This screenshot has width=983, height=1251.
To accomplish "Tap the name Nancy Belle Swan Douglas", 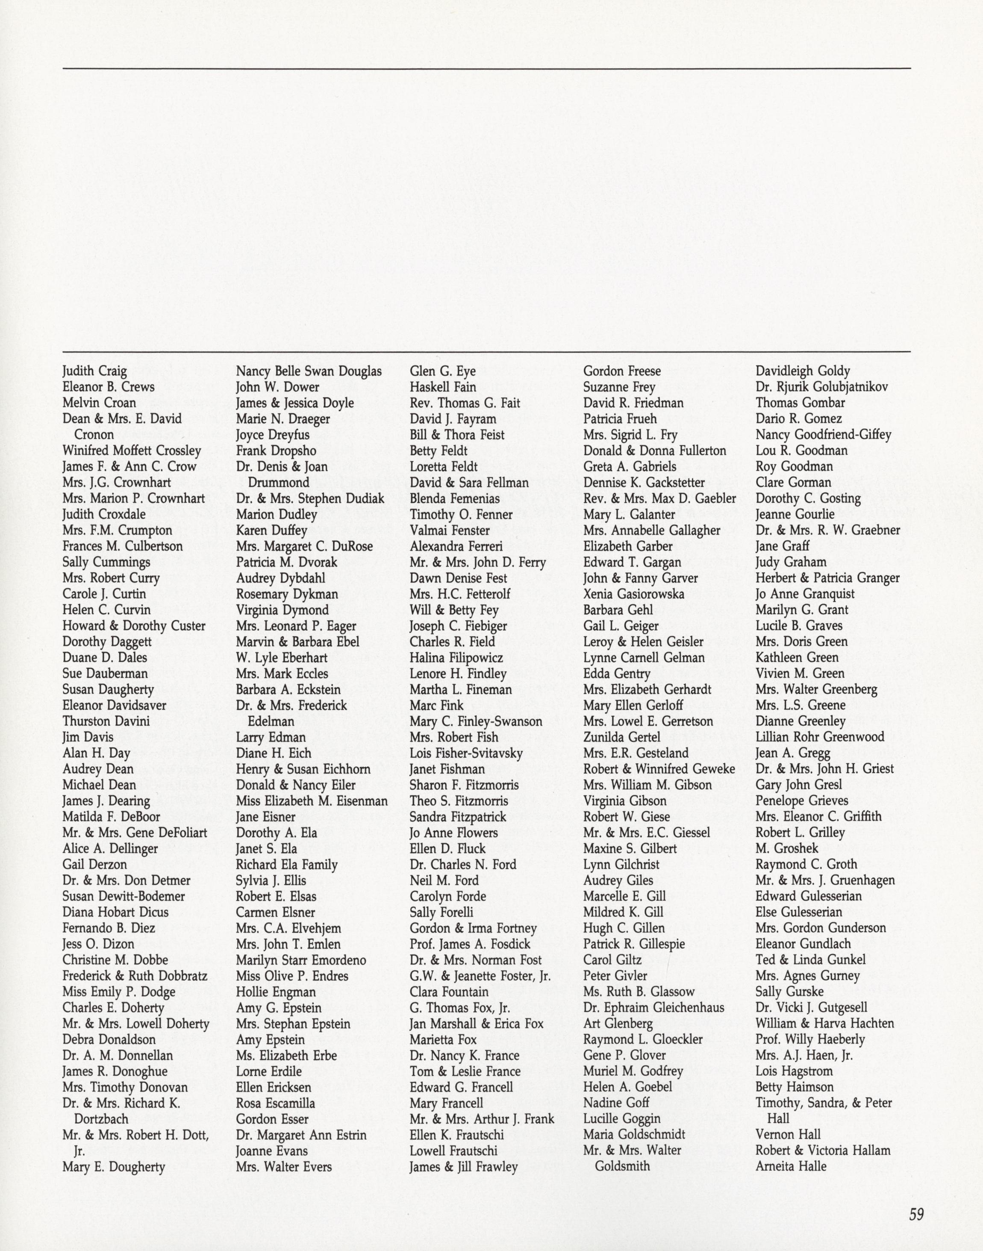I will pyautogui.click(x=309, y=371).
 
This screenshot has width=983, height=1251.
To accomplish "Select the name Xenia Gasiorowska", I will pyautogui.click(x=634, y=594).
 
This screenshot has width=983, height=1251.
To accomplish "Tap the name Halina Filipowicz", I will pyautogui.click(x=456, y=658).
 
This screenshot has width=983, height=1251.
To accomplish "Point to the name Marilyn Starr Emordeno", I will pyautogui.click(x=301, y=960).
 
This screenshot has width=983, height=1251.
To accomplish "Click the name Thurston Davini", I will pyautogui.click(x=106, y=721).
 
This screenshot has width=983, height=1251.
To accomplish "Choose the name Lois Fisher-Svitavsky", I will pyautogui.click(x=466, y=753).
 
